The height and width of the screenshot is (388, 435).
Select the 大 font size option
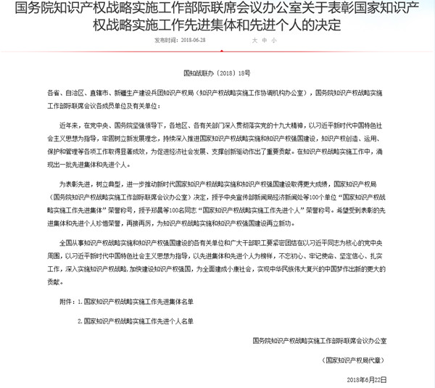[254, 41]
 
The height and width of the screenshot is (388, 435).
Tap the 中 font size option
[264, 41]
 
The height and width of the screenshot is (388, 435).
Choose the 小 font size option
[274, 41]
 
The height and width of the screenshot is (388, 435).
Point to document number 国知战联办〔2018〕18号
[217, 74]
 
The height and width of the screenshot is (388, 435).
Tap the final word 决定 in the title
[324, 27]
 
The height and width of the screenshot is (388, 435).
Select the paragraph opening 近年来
[70, 124]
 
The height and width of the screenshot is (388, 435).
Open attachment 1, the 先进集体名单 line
[133, 297]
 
